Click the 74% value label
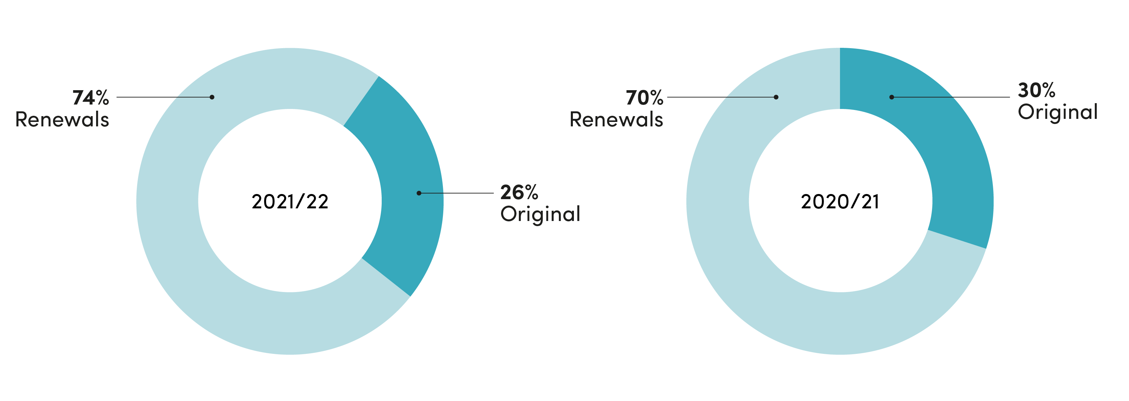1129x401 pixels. click(91, 98)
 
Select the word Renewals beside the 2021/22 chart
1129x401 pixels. click(62, 120)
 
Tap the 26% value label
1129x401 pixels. click(520, 193)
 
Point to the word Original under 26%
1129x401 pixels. click(540, 215)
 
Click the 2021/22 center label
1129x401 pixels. click(290, 202)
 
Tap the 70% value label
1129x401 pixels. click(645, 98)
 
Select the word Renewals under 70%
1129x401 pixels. click(617, 120)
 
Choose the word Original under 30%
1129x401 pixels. click(1058, 112)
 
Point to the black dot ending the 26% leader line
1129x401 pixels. click(419, 193)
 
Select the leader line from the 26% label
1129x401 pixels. click(456, 193)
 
